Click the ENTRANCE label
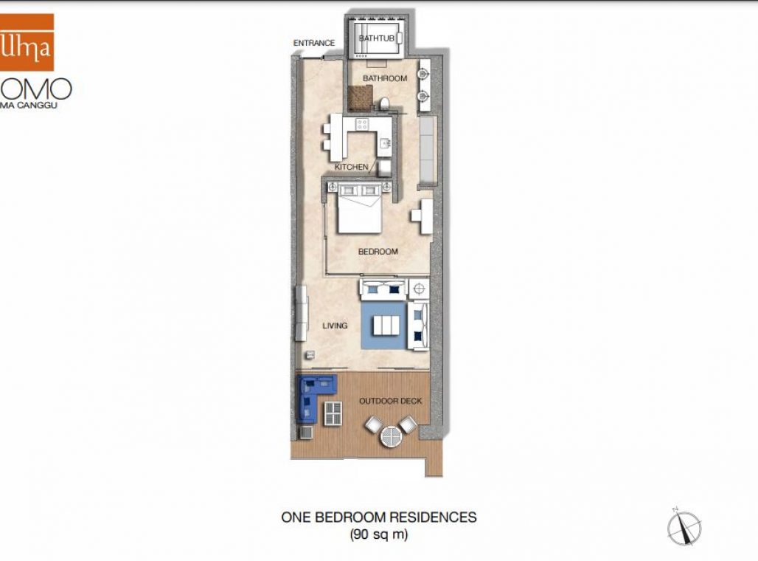tap(314, 43)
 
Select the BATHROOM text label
tap(384, 78)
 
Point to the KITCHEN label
tap(351, 167)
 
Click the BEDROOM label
tap(378, 252)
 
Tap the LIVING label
tap(335, 325)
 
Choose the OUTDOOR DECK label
tap(390, 401)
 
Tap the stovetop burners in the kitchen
tap(362, 124)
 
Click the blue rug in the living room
tap(383, 325)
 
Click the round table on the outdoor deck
tap(390, 438)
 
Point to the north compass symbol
tap(684, 528)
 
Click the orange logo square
tap(27, 42)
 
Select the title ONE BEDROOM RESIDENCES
tap(378, 517)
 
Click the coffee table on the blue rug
tap(386, 325)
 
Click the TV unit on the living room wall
tap(301, 314)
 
